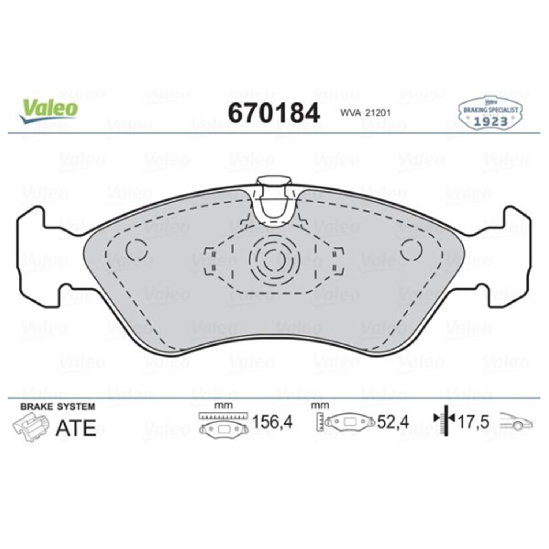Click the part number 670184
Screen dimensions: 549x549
[274, 113]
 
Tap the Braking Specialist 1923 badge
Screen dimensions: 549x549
[490, 112]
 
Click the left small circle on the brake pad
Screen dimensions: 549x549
[137, 250]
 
